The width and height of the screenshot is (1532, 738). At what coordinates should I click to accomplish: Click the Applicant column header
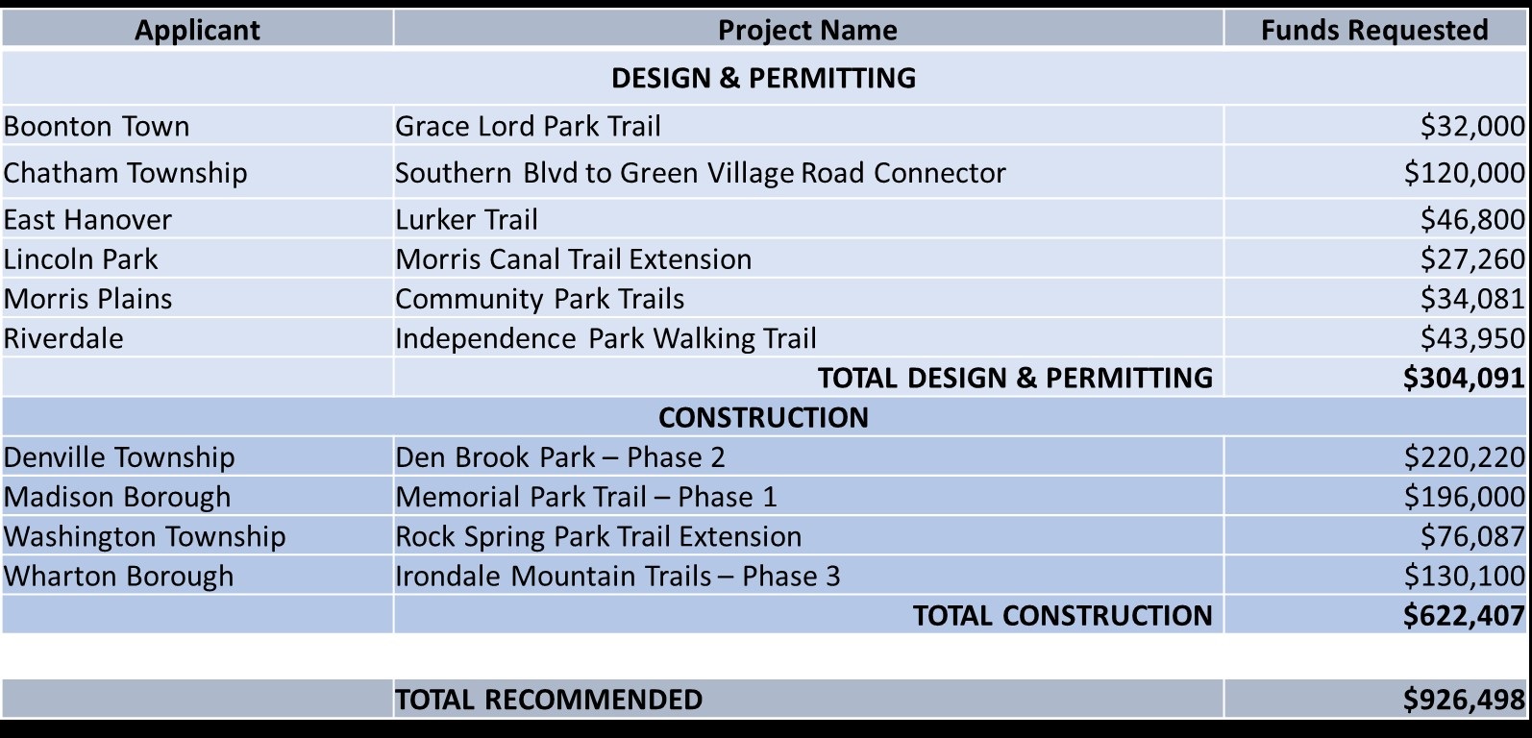(197, 30)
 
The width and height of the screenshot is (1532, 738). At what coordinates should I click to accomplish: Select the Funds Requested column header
(1374, 30)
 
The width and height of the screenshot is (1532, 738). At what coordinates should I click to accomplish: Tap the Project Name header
(807, 30)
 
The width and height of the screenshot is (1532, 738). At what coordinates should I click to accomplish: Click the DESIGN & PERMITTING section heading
(763, 78)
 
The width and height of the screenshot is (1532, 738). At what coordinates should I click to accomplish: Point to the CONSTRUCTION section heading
(763, 417)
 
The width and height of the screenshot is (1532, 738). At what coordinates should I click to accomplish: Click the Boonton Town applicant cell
(96, 126)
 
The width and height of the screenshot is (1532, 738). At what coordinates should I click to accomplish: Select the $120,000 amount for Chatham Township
(1465, 172)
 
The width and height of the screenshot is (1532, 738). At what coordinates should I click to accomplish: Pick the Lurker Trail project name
(466, 219)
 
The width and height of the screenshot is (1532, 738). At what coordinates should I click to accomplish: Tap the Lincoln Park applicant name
(81, 259)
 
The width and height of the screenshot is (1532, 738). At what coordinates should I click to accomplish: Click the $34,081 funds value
(1472, 299)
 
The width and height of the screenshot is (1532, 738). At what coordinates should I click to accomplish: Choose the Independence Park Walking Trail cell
(605, 338)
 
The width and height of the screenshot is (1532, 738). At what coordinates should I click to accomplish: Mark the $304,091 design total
(1465, 378)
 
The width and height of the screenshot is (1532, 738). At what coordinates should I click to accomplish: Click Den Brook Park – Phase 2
(560, 456)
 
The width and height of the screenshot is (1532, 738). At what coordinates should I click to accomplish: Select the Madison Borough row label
(117, 497)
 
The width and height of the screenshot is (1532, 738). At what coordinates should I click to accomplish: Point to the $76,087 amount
(1472, 536)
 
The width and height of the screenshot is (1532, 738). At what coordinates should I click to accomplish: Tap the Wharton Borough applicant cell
(118, 576)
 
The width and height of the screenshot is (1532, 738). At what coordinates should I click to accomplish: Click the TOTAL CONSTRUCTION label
(1063, 616)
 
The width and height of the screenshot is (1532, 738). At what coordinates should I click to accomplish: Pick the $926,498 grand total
(1465, 699)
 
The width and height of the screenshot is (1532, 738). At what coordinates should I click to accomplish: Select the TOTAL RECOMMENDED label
(549, 699)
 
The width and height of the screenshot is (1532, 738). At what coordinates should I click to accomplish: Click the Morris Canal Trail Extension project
(573, 259)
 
